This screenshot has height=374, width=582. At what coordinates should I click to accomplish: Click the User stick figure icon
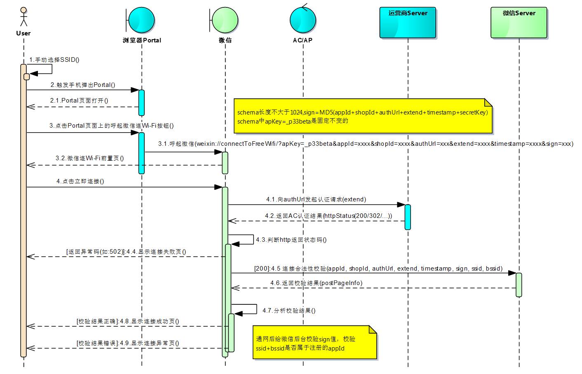pos(23,16)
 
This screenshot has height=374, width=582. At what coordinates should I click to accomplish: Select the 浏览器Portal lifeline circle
pos(141,20)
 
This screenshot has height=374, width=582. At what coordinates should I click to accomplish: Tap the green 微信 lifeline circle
pos(225,20)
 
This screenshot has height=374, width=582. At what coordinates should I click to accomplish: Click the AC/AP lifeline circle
pos(303,19)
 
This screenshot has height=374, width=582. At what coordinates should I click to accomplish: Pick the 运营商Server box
pos(408,23)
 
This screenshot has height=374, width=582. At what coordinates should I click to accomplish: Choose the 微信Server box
pos(519,23)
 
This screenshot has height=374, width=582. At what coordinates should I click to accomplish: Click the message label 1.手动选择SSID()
pos(54,60)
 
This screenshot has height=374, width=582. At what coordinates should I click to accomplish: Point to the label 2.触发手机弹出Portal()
pos(83,85)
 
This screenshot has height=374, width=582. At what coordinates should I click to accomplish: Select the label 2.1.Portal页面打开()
pos(79,101)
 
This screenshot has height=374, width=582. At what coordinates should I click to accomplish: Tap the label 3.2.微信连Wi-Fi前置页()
pos(90,158)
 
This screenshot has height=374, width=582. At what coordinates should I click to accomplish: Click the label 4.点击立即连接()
pos(80,181)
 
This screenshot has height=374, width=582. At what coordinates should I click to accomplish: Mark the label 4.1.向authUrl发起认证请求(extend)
pos(316,199)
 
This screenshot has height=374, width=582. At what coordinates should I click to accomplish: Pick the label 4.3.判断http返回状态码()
pos(291,240)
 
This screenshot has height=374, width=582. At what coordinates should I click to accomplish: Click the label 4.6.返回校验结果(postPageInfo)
pos(317,283)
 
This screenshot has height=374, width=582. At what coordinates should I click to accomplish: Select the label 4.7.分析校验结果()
pos(289,311)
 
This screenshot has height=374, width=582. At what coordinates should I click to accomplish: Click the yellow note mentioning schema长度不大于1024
pos(363,116)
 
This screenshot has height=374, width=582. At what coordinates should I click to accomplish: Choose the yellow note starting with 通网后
pos(314,343)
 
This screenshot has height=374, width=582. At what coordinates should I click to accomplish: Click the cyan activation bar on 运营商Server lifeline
pos(408,217)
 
